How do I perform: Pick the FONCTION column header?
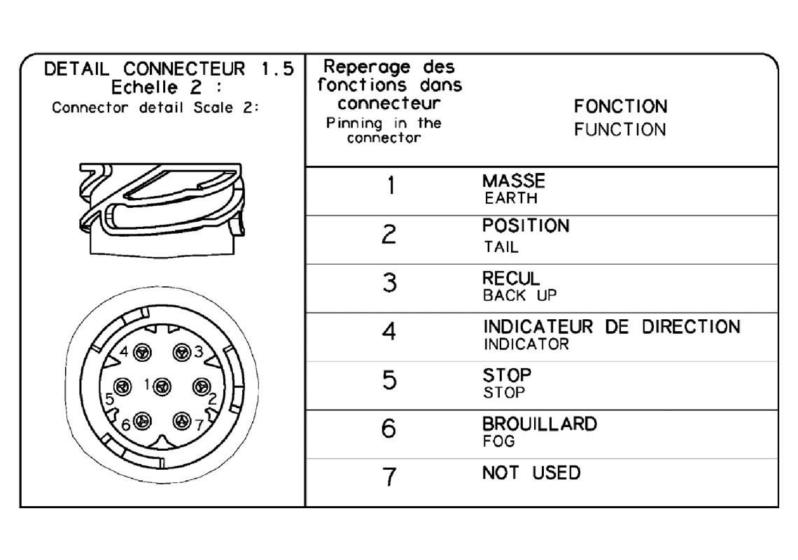(x=620, y=107)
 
